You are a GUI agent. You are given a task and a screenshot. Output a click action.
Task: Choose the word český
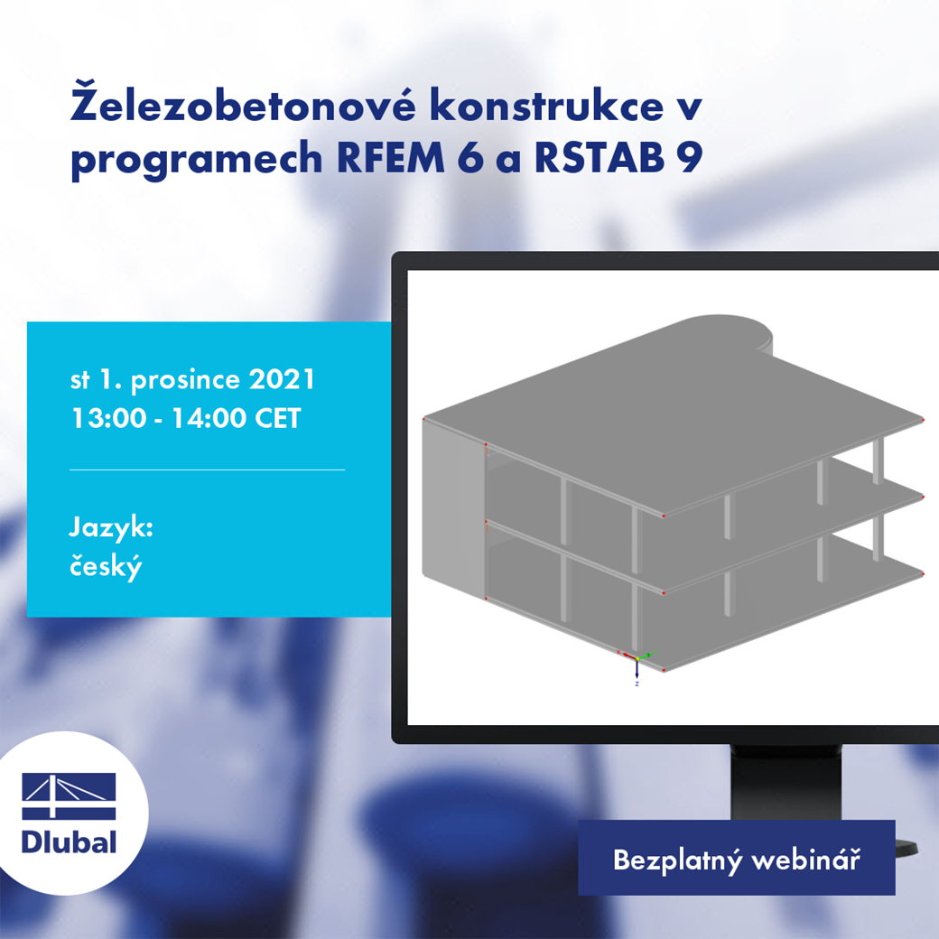tap(107, 568)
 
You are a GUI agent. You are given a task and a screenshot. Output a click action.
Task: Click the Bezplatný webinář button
tap(736, 859)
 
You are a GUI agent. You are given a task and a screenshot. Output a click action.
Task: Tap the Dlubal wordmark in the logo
tap(69, 842)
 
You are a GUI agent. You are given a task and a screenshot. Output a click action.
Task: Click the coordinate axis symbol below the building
tap(636, 665)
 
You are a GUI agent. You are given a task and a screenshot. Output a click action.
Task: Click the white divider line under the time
tap(207, 469)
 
